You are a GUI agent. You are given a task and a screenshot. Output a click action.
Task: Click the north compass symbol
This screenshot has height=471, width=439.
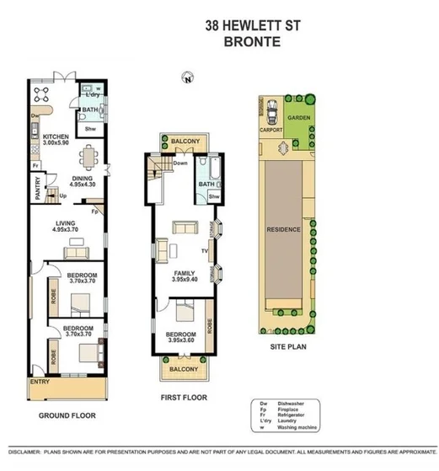tap(187, 78)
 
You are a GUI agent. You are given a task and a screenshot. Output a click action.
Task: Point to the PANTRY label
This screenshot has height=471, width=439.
tap(36, 193)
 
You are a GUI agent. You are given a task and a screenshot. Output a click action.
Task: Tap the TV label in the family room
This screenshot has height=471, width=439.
tap(203, 250)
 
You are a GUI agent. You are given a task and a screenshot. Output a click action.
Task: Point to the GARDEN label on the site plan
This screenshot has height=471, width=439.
tap(298, 119)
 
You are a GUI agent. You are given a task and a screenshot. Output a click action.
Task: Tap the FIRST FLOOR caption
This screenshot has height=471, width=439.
tap(184, 397)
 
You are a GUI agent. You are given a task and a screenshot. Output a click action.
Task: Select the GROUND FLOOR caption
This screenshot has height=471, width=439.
tap(67, 415)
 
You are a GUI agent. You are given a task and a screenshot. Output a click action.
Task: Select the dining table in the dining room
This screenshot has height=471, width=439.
tap(88, 158)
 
